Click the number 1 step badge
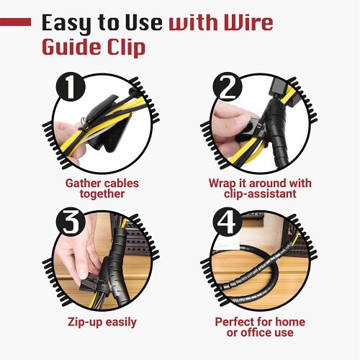tap(71, 87)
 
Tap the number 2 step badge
tap(228, 87)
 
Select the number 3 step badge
tap(71, 222)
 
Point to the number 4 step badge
tap(228, 222)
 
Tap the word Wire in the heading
tap(248, 22)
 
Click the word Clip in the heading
tap(127, 48)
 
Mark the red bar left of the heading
tap(15, 22)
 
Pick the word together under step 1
tap(102, 194)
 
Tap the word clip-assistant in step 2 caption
tap(260, 194)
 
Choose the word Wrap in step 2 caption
tap(222, 184)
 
